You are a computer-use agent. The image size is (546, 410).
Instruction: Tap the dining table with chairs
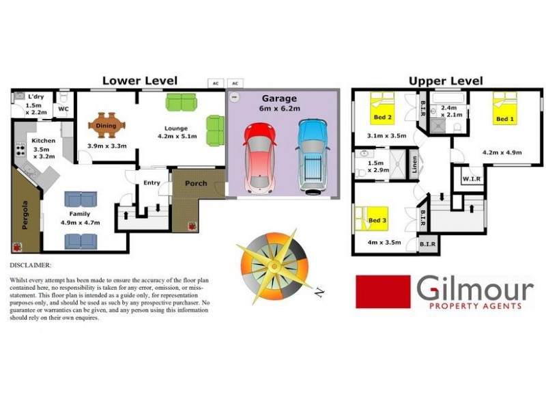pos(107,125)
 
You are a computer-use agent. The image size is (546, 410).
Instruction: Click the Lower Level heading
pos(140,81)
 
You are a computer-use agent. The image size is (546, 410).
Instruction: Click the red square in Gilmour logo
pos(383,292)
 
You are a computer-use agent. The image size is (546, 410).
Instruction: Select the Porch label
pos(196,183)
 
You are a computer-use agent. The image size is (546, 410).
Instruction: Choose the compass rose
pos(273,263)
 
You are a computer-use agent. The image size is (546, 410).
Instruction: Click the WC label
pos(63,109)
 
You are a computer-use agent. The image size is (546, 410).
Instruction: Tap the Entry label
pos(152,182)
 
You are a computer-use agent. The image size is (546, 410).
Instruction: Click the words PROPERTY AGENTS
pos(475,305)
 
